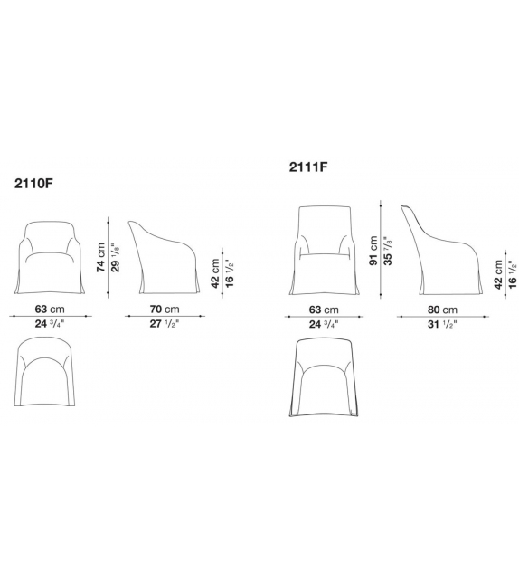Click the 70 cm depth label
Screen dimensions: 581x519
(x=165, y=309)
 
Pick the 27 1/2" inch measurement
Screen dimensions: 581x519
(x=165, y=323)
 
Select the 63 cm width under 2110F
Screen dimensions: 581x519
(x=51, y=309)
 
